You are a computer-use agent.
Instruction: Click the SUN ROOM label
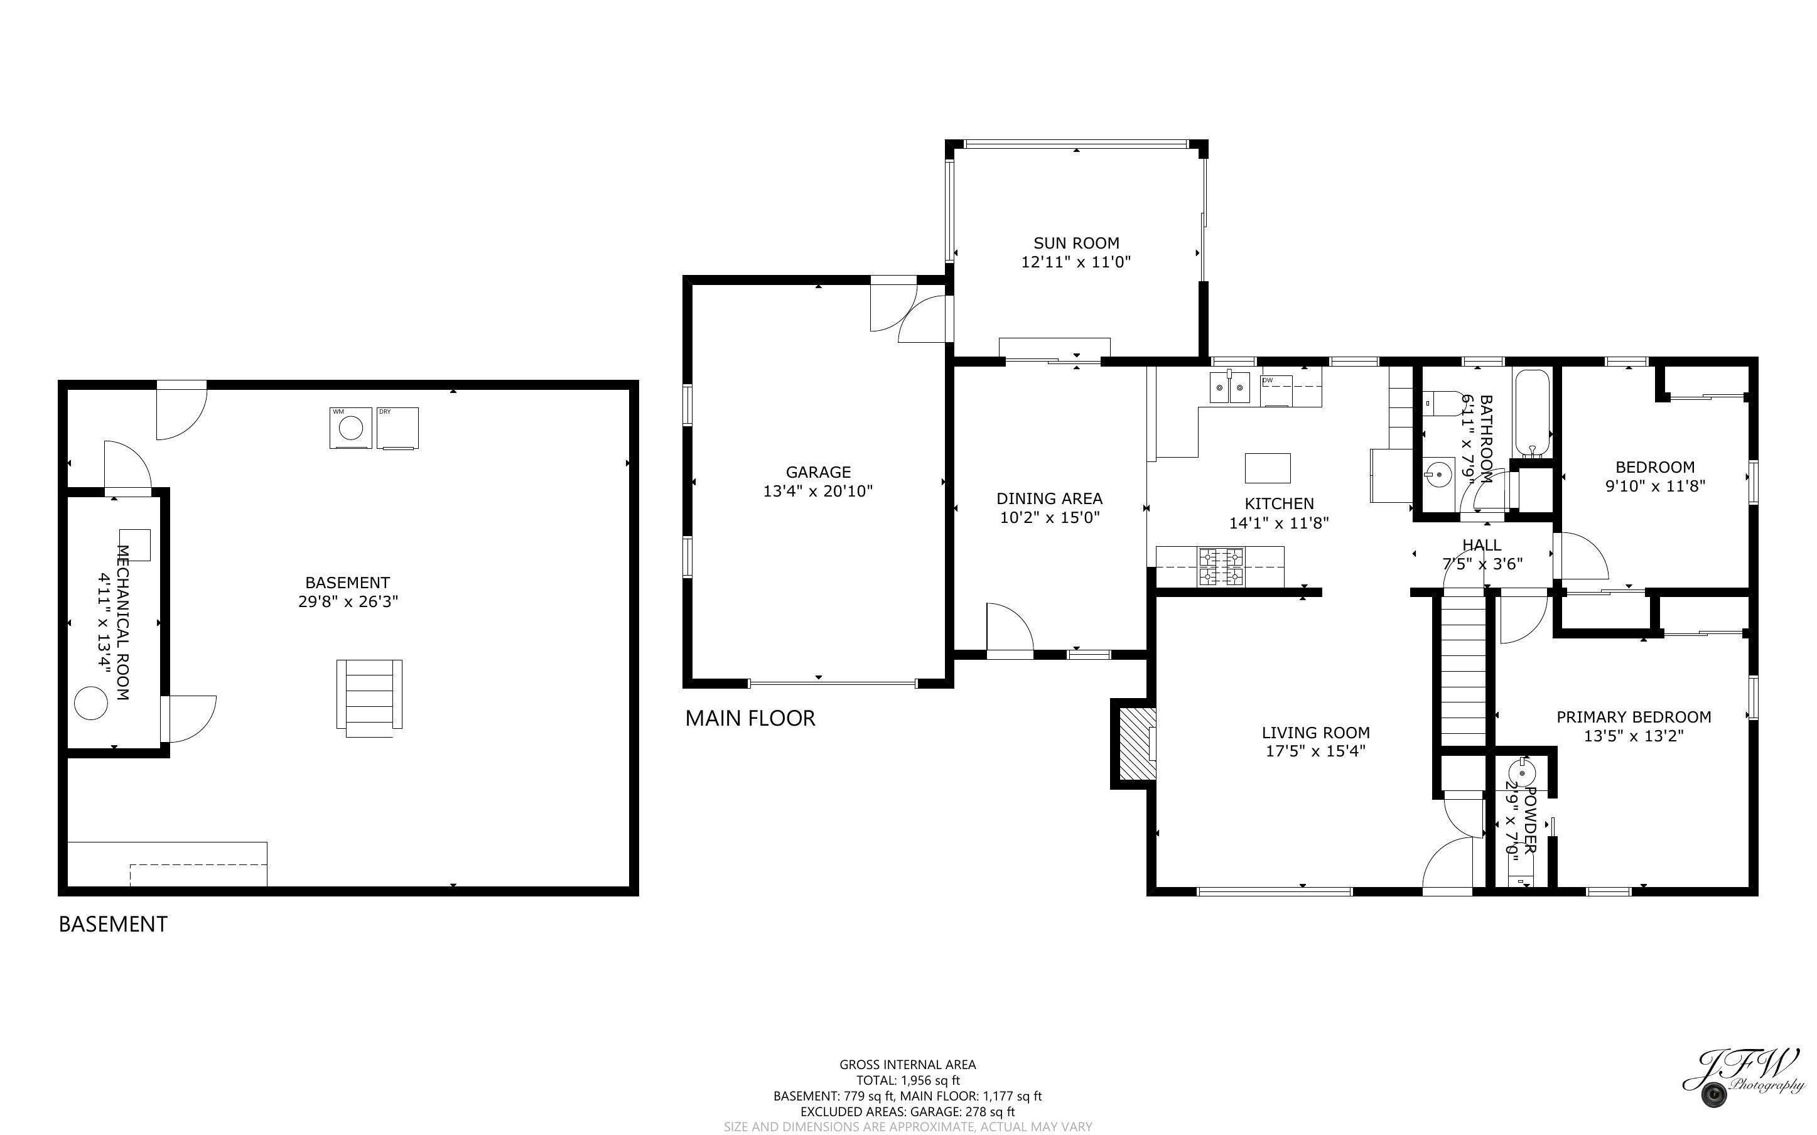pos(1076,243)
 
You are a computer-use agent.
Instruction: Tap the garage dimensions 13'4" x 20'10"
pos(818,492)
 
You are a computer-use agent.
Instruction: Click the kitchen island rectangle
pos(1267,468)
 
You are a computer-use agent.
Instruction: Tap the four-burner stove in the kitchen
pos(1221,567)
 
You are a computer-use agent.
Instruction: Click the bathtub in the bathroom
pos(1532,413)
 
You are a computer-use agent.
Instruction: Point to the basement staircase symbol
pos(369,694)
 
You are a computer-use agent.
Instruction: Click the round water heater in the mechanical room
pos(92,703)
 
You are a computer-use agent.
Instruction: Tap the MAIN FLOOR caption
pos(750,718)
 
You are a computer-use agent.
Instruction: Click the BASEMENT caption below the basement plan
pos(112,924)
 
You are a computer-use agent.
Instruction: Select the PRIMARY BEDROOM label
pos(1633,717)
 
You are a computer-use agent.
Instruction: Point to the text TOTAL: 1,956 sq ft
pos(907,1080)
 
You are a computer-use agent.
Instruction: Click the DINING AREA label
pos(1049,498)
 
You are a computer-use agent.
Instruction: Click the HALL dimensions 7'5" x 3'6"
pos(1482,564)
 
